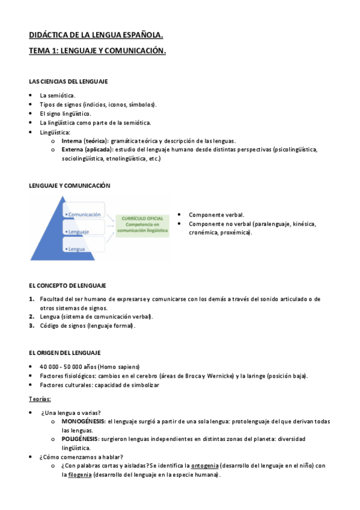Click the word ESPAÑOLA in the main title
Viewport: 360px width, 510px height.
coord(142,36)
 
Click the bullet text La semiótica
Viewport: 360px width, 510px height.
coord(58,95)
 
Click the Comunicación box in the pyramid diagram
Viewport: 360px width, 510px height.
coord(85,214)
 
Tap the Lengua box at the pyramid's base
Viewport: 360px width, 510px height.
coord(76,248)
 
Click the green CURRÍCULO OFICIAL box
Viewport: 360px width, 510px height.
coord(142,223)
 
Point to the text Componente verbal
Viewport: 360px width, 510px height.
coord(216,214)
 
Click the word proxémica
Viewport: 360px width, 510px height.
coord(235,232)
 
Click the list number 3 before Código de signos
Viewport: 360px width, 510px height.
coord(31,326)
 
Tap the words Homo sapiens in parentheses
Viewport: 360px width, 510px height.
coord(122,366)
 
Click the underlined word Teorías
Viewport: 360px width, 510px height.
coord(40,399)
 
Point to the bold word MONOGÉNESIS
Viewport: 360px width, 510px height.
coord(84,422)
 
